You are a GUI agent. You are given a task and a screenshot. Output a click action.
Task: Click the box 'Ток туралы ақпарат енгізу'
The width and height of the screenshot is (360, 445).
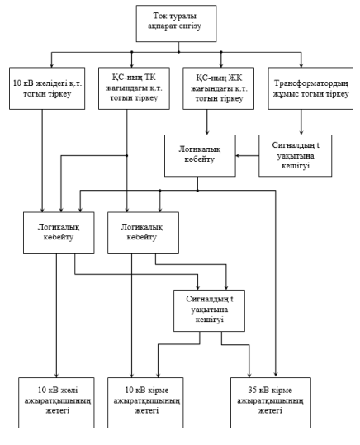pos(176,24)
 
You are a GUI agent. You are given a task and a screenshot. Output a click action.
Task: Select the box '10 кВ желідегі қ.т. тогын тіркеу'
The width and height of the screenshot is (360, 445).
pos(47,88)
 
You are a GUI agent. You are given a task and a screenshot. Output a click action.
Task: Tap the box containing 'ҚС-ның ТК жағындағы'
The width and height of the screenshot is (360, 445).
pos(134,88)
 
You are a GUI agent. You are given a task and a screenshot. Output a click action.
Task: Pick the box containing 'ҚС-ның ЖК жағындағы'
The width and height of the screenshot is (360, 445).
pos(218,88)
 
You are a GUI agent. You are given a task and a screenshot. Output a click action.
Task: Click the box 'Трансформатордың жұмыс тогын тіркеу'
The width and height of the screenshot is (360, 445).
pos(310,88)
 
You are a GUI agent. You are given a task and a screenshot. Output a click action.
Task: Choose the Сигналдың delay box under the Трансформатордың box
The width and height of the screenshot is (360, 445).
pos(296,155)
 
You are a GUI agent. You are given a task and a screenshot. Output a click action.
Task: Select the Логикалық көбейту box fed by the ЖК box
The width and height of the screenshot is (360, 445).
pos(200,155)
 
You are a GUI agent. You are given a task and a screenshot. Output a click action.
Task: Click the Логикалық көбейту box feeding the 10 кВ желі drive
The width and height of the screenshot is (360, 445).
pos(59,233)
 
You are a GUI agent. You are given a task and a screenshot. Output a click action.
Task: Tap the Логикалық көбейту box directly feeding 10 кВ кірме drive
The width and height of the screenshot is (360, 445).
pos(143,233)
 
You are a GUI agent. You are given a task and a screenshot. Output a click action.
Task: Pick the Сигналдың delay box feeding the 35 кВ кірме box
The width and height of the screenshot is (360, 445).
pos(209,310)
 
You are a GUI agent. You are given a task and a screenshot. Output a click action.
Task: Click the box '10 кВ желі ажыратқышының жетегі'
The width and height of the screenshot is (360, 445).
pos(56,403)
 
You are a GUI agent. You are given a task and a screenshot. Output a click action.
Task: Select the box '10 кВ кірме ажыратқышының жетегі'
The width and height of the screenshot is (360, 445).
pos(145,403)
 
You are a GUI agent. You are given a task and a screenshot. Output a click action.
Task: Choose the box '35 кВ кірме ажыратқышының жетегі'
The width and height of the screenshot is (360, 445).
pos(271,403)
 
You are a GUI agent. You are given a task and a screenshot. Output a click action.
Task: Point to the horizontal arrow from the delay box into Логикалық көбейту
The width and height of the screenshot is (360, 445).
pos(247,155)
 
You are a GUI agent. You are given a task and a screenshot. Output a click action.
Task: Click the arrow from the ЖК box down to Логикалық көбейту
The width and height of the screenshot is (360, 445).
pos(207,122)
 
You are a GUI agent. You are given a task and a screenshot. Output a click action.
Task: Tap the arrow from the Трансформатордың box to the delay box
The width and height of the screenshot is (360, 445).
pos(301,122)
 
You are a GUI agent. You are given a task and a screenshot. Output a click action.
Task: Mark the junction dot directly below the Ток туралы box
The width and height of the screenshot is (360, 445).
pos(178,52)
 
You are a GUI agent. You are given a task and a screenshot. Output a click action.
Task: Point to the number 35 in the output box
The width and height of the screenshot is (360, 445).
pos(252,391)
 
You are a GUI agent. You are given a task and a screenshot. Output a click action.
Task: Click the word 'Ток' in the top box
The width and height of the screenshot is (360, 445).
pos(159,16)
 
